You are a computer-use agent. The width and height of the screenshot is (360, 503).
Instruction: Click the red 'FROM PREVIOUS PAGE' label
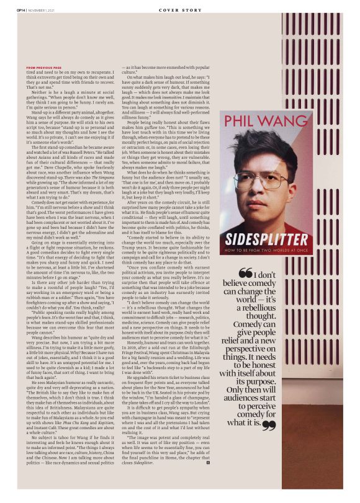pos(44,68)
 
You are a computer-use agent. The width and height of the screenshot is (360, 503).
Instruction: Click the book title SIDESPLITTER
pos(256,238)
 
